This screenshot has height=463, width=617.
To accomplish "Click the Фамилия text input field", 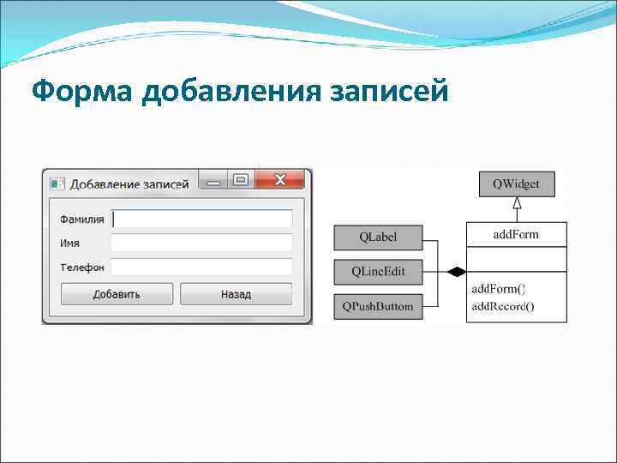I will [x=202, y=219].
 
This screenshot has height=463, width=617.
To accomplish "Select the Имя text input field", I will [x=202, y=243].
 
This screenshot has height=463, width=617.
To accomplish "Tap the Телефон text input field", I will [x=202, y=268].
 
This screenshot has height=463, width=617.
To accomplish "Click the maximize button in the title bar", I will [x=241, y=180].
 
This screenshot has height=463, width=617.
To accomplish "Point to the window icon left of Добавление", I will [x=57, y=183].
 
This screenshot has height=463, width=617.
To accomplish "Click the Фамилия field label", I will [x=82, y=219].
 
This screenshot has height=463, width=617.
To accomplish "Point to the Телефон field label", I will [x=82, y=268].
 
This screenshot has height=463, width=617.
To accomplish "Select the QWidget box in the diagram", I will [x=516, y=183].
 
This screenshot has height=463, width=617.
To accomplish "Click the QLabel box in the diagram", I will [x=378, y=237].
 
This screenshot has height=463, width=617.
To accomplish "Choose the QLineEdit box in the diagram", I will [x=378, y=272].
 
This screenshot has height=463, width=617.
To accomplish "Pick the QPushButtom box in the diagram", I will [x=378, y=306].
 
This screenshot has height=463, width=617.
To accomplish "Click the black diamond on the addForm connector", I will [x=457, y=272].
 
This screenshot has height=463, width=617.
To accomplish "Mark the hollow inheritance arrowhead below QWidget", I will [x=517, y=203].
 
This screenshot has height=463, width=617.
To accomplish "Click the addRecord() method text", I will [x=503, y=306].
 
